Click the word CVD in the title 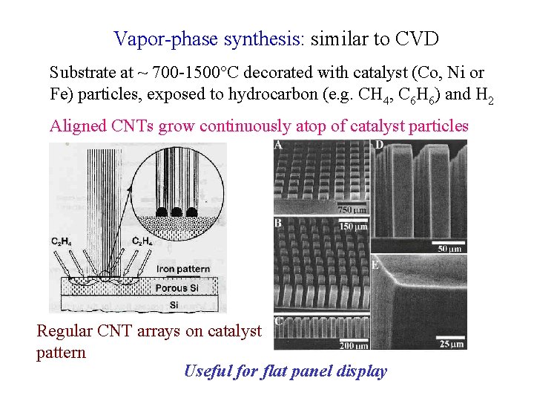click(x=415, y=38)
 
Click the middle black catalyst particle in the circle click(x=177, y=212)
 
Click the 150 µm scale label click(x=352, y=226)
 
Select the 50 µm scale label click(x=449, y=249)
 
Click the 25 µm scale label click(x=450, y=344)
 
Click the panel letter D click(x=379, y=146)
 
